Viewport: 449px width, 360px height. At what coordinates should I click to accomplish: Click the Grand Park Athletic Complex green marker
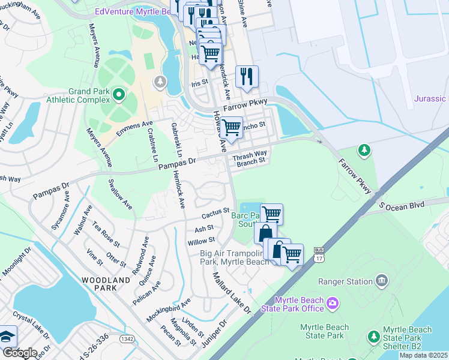119,94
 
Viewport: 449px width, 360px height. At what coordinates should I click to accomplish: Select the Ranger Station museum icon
381,280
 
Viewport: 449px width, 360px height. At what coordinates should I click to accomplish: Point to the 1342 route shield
127,339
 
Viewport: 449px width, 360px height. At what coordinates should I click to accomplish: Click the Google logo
19,352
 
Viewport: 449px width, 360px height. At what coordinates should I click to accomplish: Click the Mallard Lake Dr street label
232,293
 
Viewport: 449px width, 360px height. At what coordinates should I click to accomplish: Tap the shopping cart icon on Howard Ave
231,127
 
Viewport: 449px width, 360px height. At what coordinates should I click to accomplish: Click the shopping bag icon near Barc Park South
265,232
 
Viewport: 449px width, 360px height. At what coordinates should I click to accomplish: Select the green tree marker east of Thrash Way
363,149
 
